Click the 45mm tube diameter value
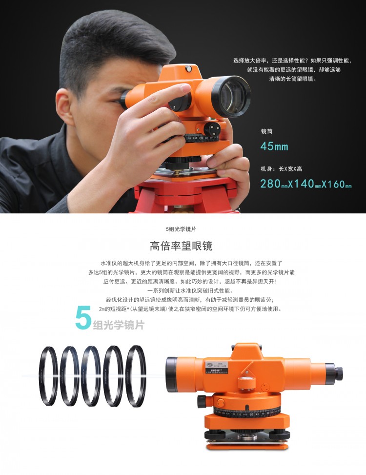(274, 146)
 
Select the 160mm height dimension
(338, 184)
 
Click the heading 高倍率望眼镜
(181, 246)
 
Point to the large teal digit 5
(83, 318)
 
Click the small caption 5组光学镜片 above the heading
(181, 229)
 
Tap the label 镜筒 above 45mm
(267, 131)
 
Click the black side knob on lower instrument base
(202, 402)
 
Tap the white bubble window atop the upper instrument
(188, 69)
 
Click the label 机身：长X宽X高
(281, 169)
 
